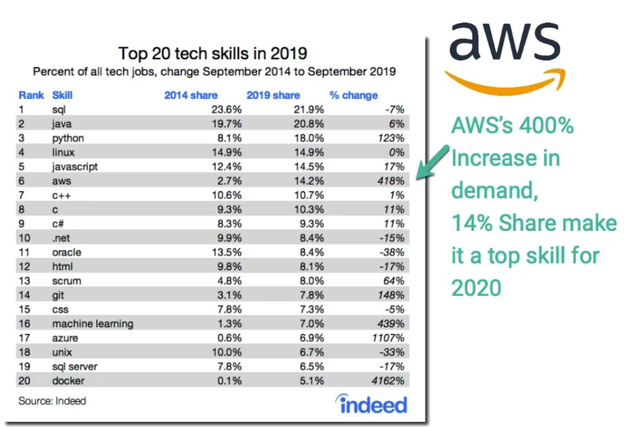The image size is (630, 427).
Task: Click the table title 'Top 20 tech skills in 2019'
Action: (213, 52)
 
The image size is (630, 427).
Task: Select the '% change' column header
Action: (354, 95)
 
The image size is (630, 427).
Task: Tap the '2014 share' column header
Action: (191, 95)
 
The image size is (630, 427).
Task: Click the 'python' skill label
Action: (67, 138)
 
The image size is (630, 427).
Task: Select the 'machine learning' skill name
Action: (93, 323)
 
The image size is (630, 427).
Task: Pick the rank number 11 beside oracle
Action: (26, 252)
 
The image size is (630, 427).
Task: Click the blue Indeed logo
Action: (372, 404)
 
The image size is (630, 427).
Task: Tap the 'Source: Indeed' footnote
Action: (52, 401)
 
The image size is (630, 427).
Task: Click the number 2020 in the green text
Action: (476, 288)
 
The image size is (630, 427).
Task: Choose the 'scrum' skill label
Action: (66, 281)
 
